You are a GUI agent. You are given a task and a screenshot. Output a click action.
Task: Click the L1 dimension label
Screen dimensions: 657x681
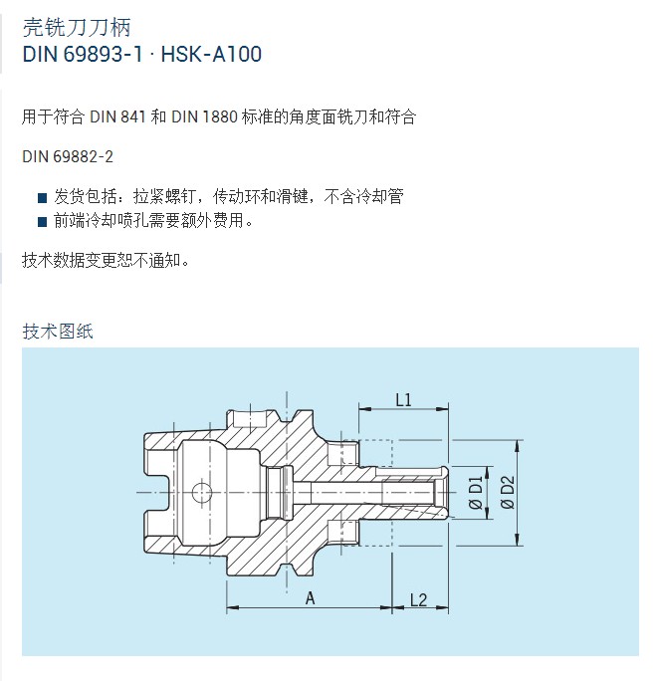click(x=403, y=399)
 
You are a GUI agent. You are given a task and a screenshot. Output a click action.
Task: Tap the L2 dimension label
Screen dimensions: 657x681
click(x=419, y=600)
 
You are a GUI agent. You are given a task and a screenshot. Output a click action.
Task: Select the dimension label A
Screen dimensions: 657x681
click(x=310, y=598)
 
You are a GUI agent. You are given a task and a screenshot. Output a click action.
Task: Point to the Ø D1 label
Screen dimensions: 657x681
click(x=476, y=493)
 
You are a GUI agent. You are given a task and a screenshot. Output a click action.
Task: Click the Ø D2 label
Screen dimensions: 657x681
click(x=508, y=493)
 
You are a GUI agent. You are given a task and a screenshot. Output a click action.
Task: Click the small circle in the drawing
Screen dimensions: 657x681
click(x=201, y=493)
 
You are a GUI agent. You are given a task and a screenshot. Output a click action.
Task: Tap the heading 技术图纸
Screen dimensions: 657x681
click(x=58, y=332)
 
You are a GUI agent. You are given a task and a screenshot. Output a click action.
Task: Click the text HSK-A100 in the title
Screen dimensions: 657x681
click(x=211, y=55)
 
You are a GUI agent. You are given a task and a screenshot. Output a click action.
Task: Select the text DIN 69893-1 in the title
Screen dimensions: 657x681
click(x=83, y=55)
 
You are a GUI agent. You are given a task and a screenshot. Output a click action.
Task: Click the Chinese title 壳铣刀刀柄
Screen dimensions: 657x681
click(x=77, y=27)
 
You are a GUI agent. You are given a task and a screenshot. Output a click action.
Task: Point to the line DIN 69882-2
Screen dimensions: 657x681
click(x=68, y=156)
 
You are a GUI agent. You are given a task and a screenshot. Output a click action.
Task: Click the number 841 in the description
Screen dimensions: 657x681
click(x=133, y=116)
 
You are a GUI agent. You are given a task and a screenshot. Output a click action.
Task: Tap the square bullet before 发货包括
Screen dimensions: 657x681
click(x=42, y=198)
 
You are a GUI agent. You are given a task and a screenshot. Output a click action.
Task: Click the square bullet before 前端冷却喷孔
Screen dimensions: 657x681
click(x=42, y=222)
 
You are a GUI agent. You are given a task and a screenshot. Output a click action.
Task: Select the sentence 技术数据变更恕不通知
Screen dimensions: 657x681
click(x=106, y=261)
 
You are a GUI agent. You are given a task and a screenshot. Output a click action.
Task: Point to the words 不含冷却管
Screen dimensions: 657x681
click(x=364, y=197)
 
